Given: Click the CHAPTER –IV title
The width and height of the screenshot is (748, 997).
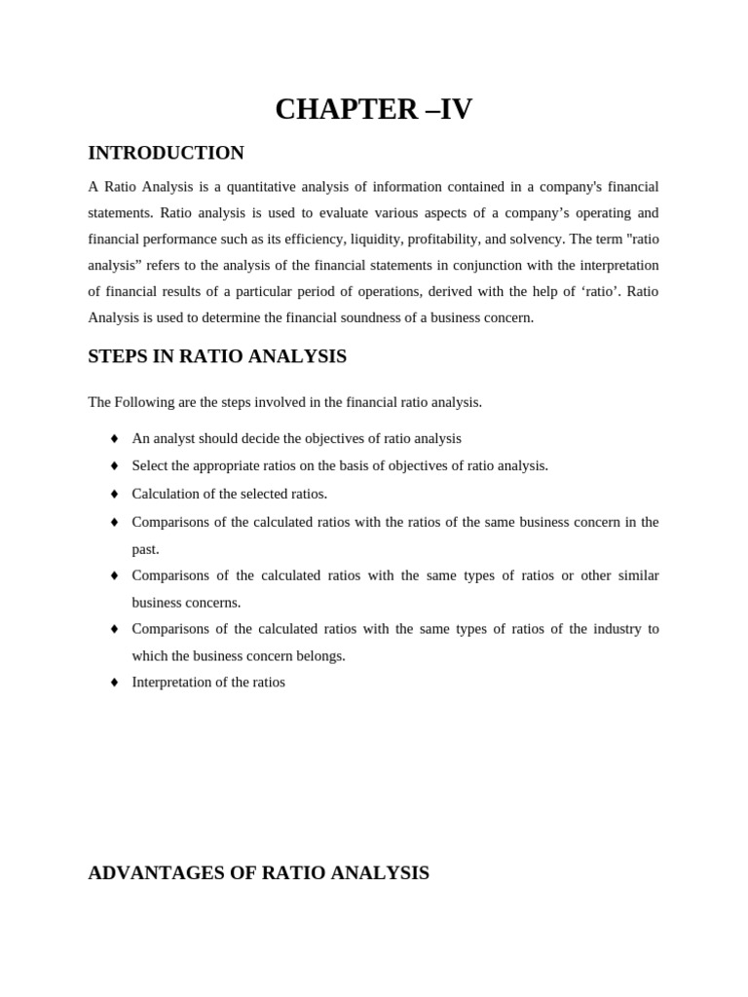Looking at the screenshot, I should click(373, 109).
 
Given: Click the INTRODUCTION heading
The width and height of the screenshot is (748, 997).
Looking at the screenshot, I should click(166, 153).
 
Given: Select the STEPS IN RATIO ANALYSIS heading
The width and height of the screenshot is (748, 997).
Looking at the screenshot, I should click(217, 356).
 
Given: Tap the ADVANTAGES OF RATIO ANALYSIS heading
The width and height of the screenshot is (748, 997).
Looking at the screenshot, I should click(258, 872).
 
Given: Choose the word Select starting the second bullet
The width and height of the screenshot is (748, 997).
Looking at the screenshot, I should click(150, 465).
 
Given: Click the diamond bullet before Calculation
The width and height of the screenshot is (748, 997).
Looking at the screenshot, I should click(114, 495).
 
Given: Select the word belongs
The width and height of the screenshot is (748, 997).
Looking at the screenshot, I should click(320, 655).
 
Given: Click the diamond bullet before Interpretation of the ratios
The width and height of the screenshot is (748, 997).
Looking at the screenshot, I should click(114, 683).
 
